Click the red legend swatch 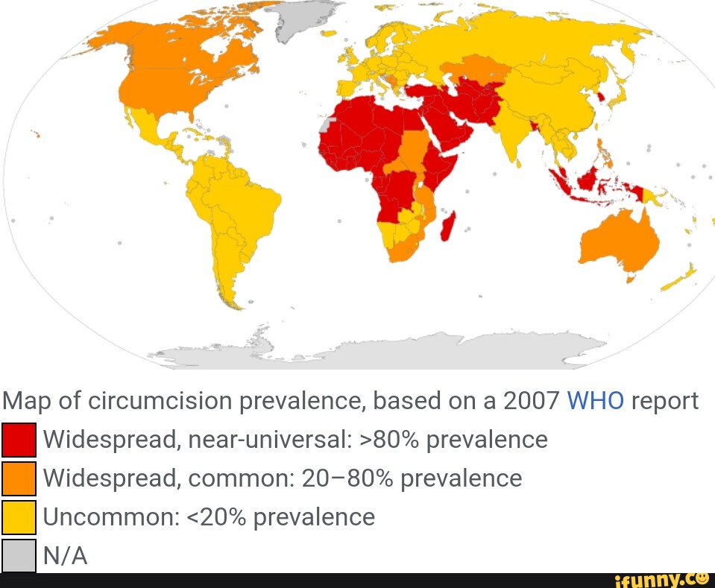[x=19, y=440]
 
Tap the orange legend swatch [x=19, y=478]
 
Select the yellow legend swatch [x=19, y=517]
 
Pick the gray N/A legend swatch [x=19, y=555]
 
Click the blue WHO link [x=596, y=401]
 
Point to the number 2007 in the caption [x=531, y=401]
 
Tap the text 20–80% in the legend [x=347, y=478]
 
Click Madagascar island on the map [x=449, y=225]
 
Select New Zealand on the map [x=680, y=277]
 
